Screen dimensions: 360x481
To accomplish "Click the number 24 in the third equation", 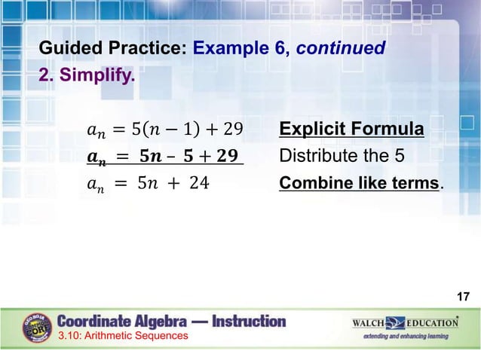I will pyautogui.click(x=199, y=183).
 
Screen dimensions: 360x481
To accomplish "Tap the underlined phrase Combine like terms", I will pyautogui.click(x=359, y=182).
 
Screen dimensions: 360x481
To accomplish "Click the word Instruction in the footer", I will pyautogui.click(x=250, y=322).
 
